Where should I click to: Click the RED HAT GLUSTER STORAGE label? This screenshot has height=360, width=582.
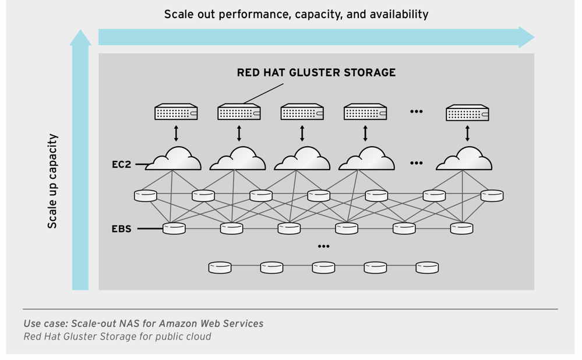coord(316,73)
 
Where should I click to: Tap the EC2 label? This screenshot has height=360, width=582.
coord(121,165)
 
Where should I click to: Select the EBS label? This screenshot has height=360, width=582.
coord(121,229)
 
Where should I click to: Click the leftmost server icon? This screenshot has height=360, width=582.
coord(176,112)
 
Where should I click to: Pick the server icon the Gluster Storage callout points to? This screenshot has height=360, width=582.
coord(239,112)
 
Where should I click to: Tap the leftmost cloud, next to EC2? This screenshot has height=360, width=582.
coord(173,159)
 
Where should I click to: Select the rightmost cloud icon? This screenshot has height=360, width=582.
coord(464,159)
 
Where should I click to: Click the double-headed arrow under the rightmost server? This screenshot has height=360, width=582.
coord(467,133)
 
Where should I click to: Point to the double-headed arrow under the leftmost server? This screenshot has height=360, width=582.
coord(176,133)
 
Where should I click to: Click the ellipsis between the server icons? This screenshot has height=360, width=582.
coord(416,111)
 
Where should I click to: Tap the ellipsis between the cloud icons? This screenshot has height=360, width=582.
coord(416,163)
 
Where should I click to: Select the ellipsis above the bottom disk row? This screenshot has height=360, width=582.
coord(323,246)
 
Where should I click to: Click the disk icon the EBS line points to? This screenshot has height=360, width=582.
coord(174,228)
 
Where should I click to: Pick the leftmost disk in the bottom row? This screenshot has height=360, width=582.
coord(220,267)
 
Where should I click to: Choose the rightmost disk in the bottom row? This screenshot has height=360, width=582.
coord(426,267)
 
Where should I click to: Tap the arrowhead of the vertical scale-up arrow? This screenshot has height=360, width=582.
coord(80,38)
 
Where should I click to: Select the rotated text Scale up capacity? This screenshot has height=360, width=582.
coord(52,181)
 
